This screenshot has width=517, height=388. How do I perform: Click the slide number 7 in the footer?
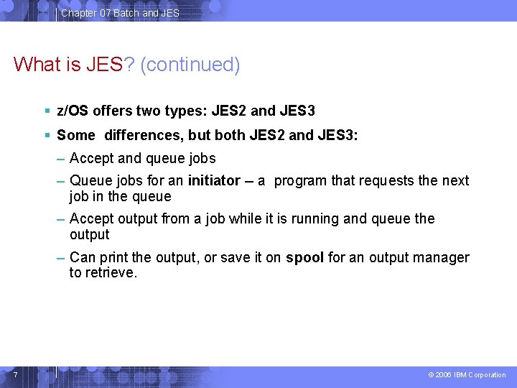point(16,374)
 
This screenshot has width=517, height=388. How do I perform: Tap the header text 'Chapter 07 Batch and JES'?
point(120,13)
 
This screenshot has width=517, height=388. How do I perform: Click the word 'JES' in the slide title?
point(104,64)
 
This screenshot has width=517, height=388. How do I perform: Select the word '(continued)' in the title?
point(190,65)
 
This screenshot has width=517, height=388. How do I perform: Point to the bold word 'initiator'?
point(214,180)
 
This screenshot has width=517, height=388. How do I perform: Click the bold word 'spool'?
point(304,258)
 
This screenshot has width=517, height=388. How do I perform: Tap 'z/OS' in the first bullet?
point(73,111)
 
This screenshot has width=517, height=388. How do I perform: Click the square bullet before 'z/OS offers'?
point(47,111)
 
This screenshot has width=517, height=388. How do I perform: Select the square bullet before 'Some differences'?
point(47,135)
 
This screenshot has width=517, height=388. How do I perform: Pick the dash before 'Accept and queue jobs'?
point(60,160)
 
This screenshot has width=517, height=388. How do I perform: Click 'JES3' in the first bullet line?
point(297,111)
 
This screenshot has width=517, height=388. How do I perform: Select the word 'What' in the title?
point(37,64)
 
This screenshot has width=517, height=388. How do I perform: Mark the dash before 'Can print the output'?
point(60,259)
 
